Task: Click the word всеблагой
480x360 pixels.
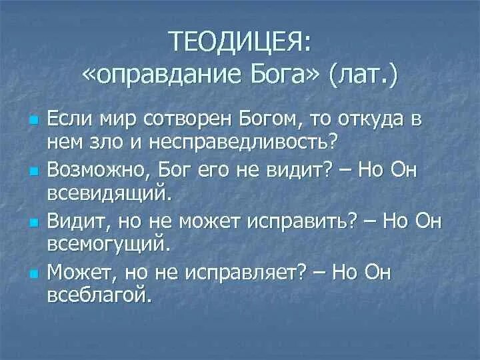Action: pos(99,294)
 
